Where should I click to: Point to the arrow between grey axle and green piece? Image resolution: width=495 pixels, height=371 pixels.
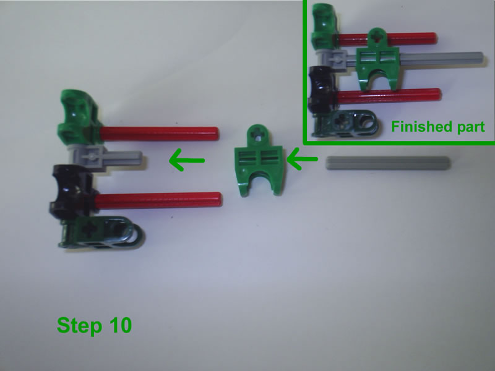pyautogui.click(x=304, y=162)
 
